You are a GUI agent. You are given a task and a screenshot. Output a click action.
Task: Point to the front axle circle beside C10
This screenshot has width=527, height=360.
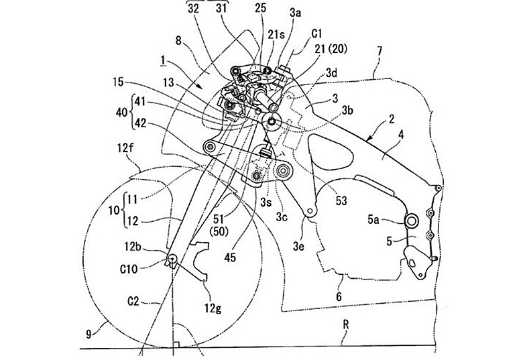[x=172, y=259]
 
